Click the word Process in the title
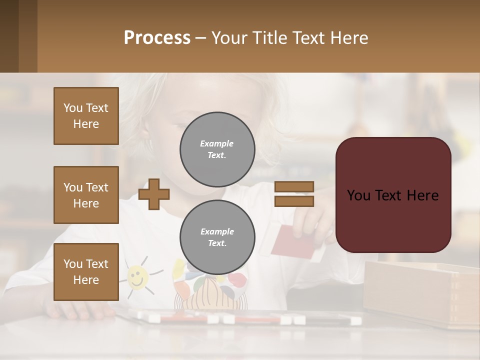(157, 38)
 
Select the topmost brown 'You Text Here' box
(86, 116)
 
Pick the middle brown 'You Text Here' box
(86, 195)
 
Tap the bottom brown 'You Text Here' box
(86, 272)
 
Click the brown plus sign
(154, 194)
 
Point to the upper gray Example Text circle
(217, 149)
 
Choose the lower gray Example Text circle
(217, 237)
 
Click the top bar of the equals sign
(294, 186)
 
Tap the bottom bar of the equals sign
(294, 201)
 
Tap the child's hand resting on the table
(75, 310)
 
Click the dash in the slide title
(201, 38)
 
